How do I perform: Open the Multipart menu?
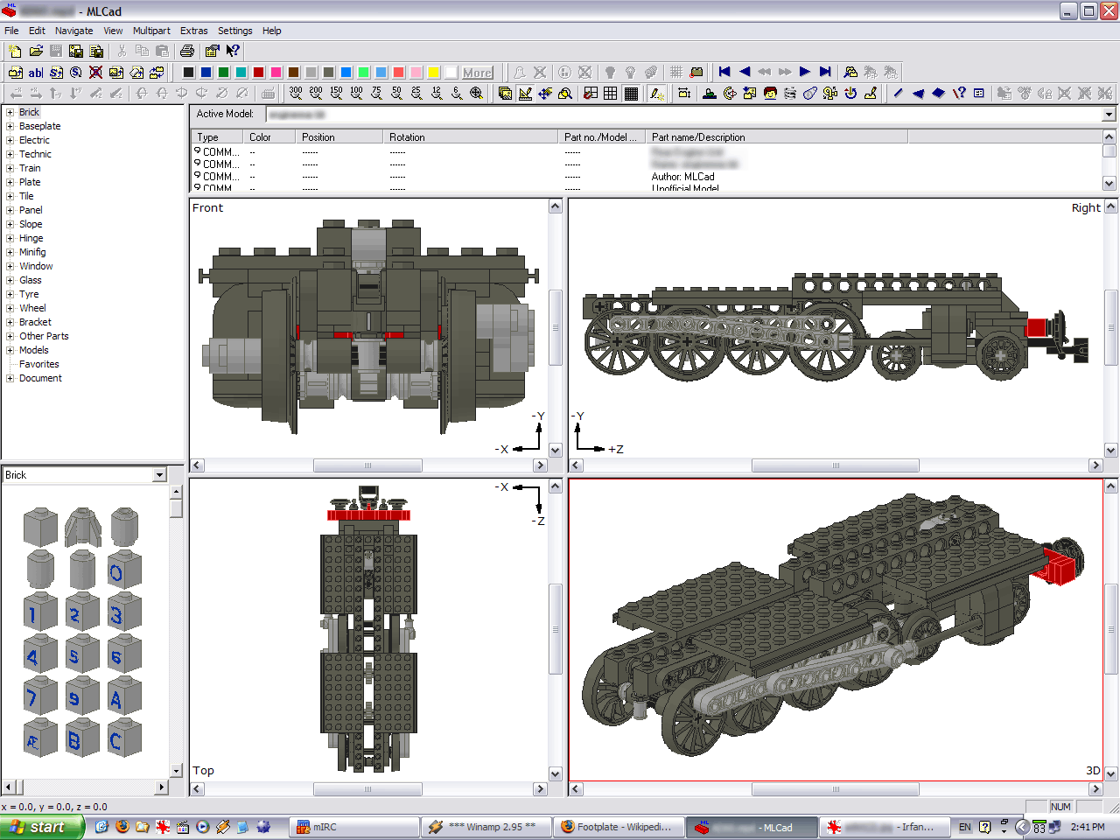tap(151, 31)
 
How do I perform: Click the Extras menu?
tap(193, 31)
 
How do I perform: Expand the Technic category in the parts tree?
tap(10, 154)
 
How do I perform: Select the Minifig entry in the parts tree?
tap(32, 252)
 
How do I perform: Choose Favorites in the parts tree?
tap(39, 364)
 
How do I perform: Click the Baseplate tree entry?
tap(39, 126)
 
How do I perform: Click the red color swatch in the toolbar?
tap(259, 73)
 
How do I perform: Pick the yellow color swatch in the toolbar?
tap(434, 73)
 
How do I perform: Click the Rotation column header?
tap(407, 137)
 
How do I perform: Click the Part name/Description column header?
tap(698, 137)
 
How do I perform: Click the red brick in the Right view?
tap(1037, 327)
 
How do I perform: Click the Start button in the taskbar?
tap(41, 827)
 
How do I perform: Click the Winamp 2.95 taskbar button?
tap(486, 827)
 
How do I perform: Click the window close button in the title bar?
tap(1109, 11)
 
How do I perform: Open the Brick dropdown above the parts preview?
tap(159, 475)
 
